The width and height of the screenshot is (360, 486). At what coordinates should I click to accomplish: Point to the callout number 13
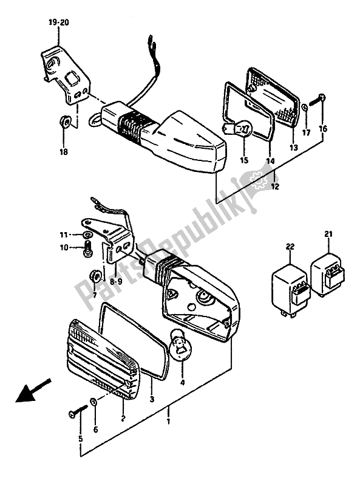click(293, 147)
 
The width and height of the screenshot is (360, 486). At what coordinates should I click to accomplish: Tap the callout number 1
click(168, 421)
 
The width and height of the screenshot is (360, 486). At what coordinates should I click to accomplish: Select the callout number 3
click(152, 399)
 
